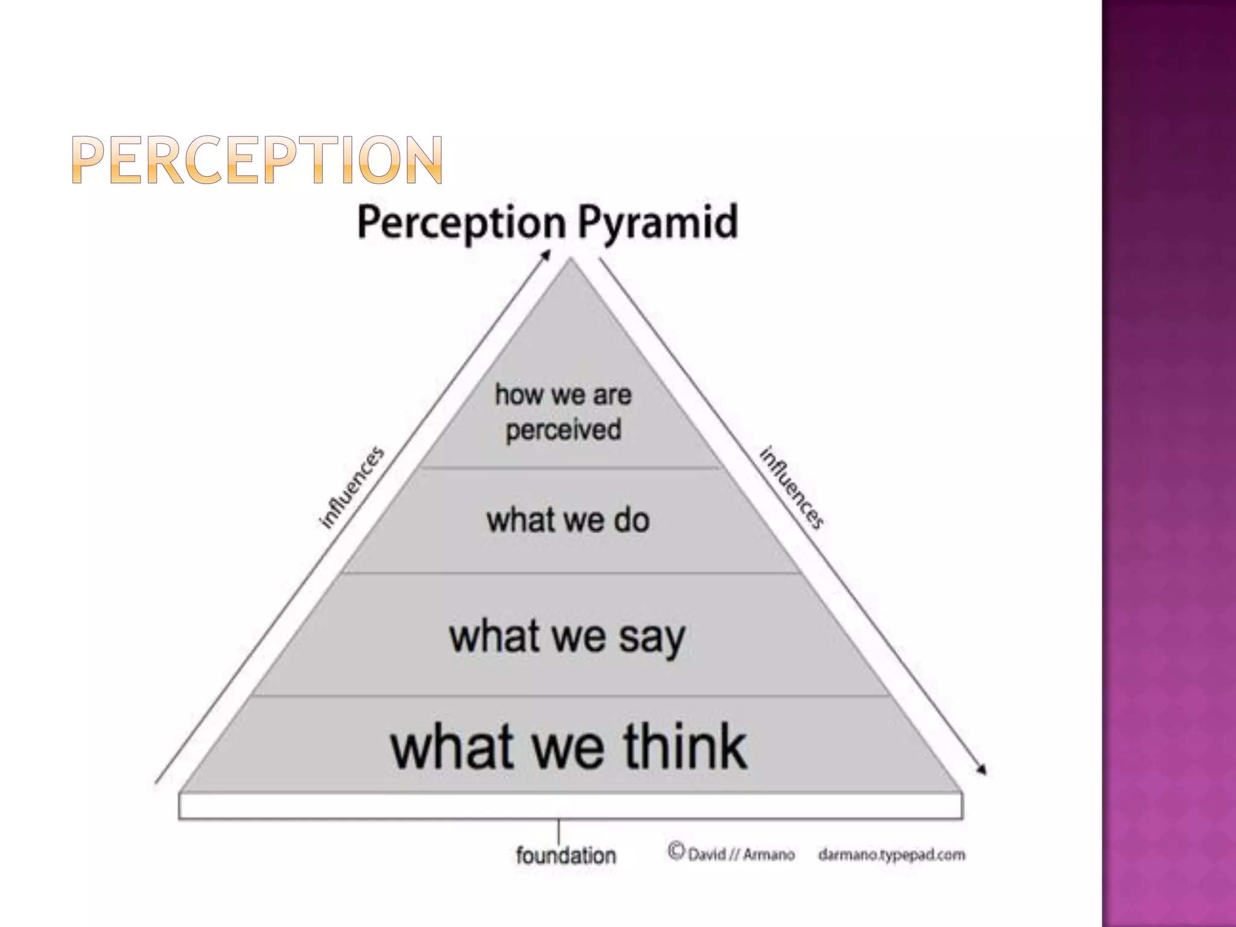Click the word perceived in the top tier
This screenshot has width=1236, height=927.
coord(564,430)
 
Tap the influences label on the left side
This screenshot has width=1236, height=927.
coord(351,488)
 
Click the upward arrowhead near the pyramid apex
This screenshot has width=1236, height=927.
coord(546,255)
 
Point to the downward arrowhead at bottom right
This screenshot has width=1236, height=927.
coord(983,770)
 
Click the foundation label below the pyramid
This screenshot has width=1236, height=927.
coord(565,855)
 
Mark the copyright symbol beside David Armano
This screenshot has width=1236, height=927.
coord(676,851)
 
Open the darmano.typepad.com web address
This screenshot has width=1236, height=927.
coord(891,855)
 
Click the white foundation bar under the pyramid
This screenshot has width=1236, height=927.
coord(570,806)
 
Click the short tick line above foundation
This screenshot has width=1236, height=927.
coord(559,830)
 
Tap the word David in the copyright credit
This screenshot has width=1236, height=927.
coord(707,855)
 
